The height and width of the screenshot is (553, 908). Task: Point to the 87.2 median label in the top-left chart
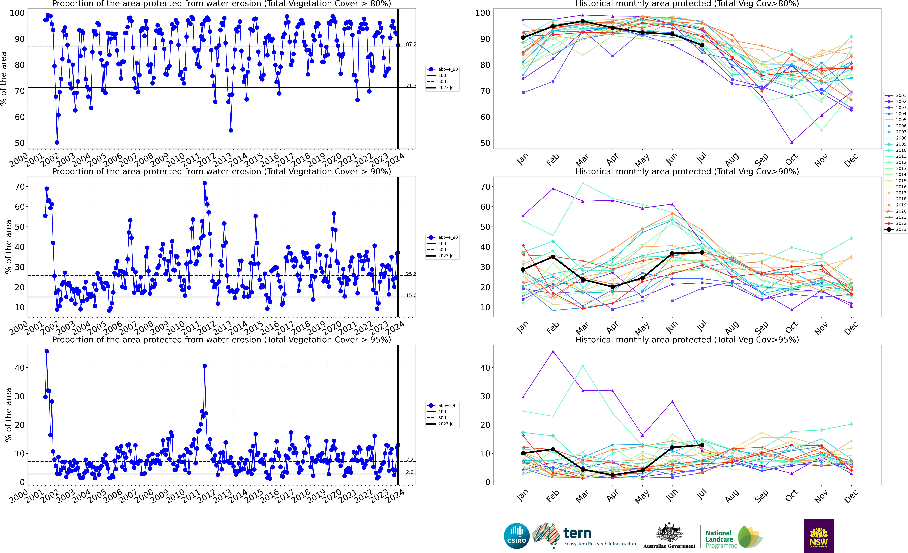click(411, 44)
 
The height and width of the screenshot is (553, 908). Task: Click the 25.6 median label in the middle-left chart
click(411, 274)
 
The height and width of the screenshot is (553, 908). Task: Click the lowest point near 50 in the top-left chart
click(57, 142)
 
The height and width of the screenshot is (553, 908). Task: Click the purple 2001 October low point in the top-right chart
click(792, 142)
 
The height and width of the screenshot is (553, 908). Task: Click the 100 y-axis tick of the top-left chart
click(17, 13)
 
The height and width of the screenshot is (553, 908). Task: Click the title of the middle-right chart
click(687, 171)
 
